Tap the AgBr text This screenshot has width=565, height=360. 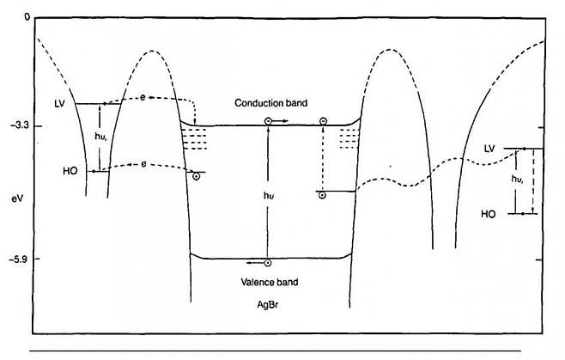tap(268, 304)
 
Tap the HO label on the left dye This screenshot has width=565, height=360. tap(70, 171)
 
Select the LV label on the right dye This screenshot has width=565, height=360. tap(490, 149)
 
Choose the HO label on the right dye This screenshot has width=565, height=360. tap(489, 213)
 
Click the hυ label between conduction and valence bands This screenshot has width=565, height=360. tap(269, 195)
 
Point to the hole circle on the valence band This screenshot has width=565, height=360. tap(268, 263)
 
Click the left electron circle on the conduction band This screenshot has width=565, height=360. tap(268, 122)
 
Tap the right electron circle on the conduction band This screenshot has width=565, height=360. tap(323, 122)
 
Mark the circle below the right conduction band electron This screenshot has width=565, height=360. tap(322, 195)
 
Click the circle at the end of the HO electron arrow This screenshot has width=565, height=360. tap(196, 176)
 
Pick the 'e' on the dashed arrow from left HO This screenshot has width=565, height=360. tap(144, 162)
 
